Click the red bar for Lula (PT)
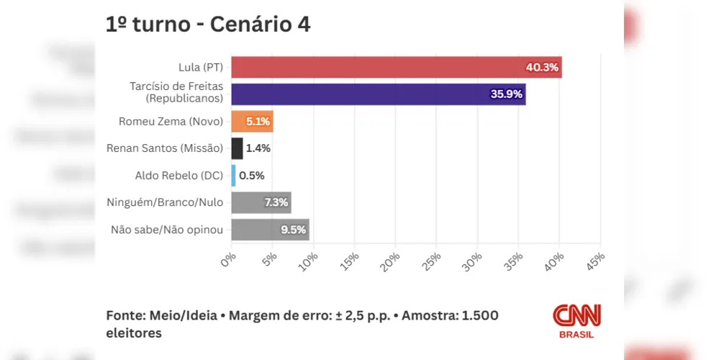point(396,68)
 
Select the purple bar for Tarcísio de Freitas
point(378,94)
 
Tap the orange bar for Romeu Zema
point(252,122)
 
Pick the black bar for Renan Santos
point(237,148)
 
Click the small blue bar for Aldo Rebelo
point(233,175)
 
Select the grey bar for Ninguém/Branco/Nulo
point(261,202)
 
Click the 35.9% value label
point(507,94)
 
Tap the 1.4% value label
point(258,148)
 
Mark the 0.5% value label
point(252,175)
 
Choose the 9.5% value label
point(294,230)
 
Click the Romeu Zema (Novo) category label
point(171,122)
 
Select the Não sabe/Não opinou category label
point(167,230)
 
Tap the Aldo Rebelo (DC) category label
point(179,175)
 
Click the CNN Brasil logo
point(576,321)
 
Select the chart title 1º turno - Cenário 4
point(209,25)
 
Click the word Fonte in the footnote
point(124,316)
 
